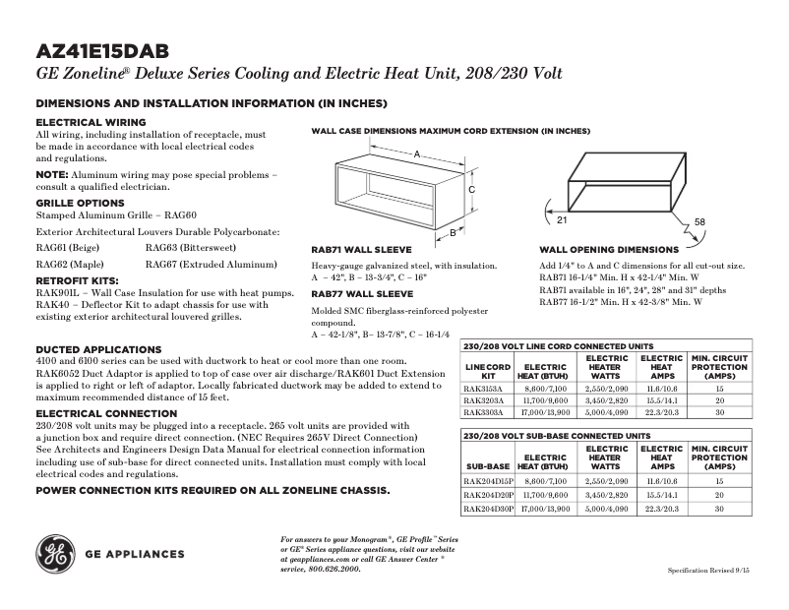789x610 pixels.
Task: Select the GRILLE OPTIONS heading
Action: tap(80, 203)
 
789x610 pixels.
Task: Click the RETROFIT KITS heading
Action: tap(76, 281)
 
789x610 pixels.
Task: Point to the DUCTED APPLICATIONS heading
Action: tap(98, 349)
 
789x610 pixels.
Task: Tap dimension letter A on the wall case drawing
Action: tap(417, 155)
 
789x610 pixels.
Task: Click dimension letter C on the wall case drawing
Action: tap(471, 189)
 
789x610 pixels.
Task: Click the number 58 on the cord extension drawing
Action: tap(699, 223)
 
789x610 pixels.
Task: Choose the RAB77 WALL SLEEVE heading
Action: tap(362, 293)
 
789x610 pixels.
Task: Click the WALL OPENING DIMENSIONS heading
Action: tap(609, 250)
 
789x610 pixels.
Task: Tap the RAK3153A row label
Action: tap(483, 389)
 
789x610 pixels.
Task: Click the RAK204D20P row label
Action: tap(488, 496)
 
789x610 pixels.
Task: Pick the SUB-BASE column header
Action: tap(488, 465)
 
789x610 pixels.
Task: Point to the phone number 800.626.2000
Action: tap(335, 569)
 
